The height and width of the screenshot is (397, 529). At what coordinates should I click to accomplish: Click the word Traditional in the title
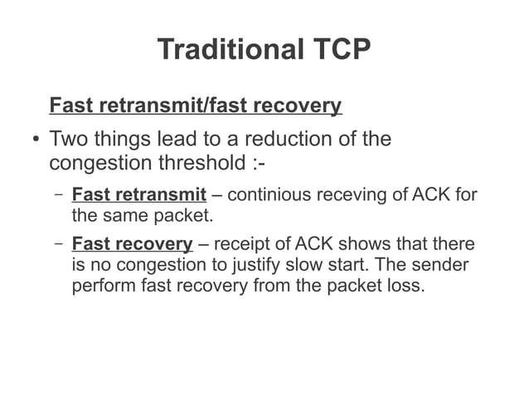click(230, 50)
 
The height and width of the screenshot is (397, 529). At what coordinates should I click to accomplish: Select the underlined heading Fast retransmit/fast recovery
click(196, 106)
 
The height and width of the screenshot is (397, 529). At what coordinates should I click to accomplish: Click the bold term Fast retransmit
click(139, 196)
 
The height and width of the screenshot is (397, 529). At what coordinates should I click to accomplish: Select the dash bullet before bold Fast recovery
click(58, 245)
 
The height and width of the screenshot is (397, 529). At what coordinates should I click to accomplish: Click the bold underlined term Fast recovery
click(133, 245)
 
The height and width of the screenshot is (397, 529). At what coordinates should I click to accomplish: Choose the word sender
click(441, 267)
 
